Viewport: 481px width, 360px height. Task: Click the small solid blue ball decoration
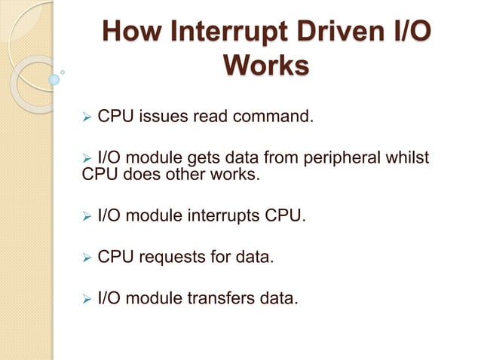click(54, 78)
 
